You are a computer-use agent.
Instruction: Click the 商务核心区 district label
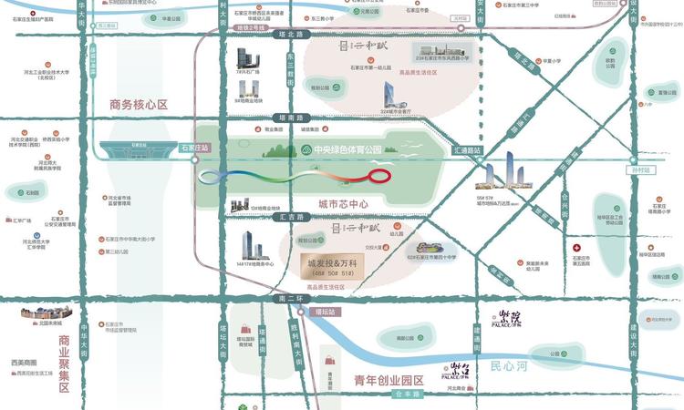[138, 105]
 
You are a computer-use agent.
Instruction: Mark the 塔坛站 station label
[326, 313]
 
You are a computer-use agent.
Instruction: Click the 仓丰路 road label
[403, 395]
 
